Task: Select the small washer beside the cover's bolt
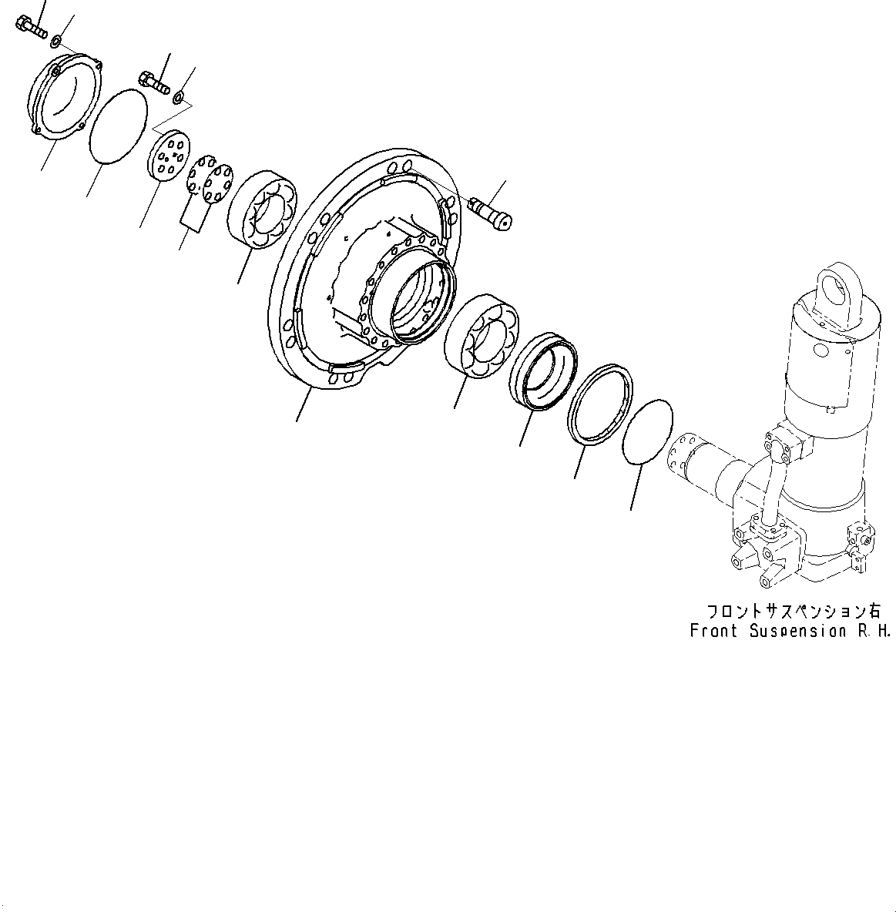[x=55, y=38]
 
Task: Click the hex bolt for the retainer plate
[x=154, y=82]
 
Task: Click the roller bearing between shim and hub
[x=262, y=209]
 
